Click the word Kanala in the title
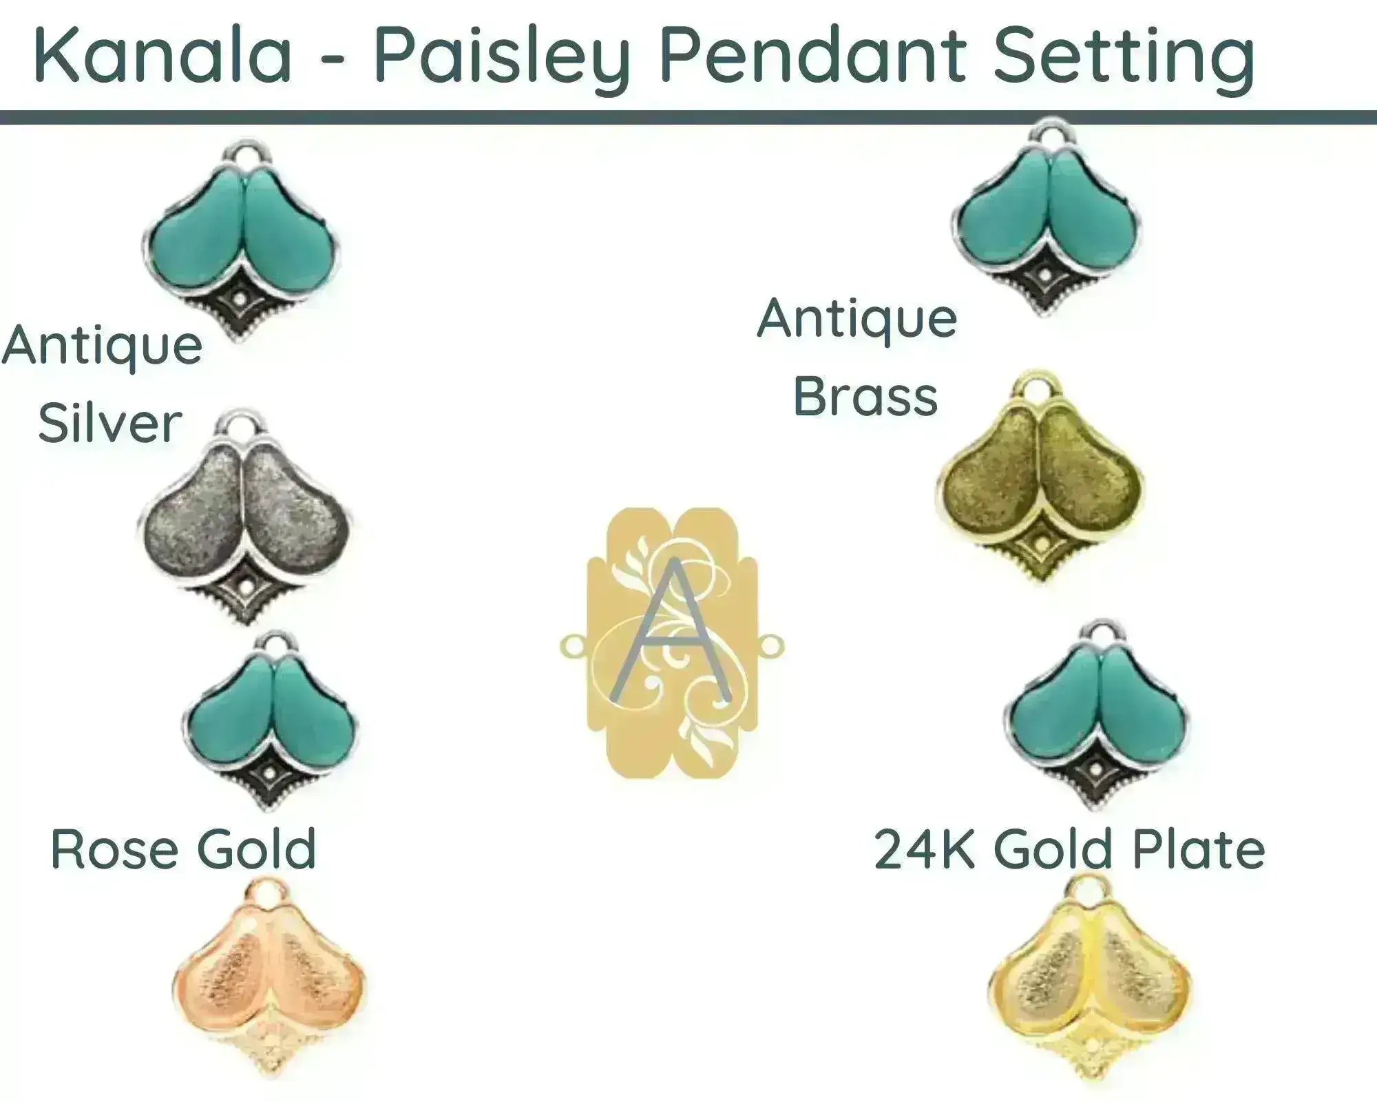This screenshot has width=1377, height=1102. [162, 54]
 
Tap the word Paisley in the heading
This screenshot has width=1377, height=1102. [502, 59]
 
